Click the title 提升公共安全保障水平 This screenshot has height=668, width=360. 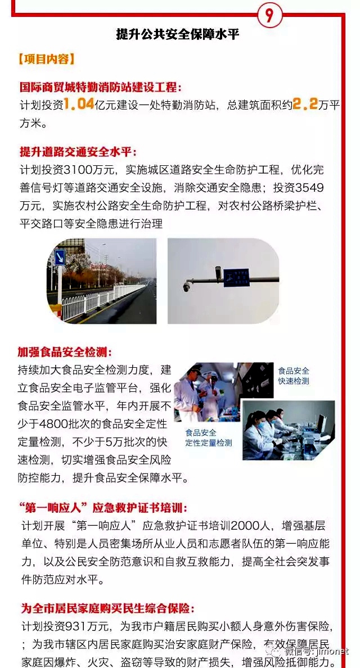pyautogui.click(x=178, y=34)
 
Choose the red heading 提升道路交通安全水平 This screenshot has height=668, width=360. pyautogui.click(x=78, y=152)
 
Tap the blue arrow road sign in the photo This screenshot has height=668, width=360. pyautogui.click(x=59, y=258)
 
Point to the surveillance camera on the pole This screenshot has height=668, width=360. pyautogui.click(x=188, y=287)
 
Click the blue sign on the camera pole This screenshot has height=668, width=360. pyautogui.click(x=236, y=277)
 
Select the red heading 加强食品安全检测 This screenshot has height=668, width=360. pyautogui.click(x=66, y=352)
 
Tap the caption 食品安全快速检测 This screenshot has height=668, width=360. pyautogui.click(x=293, y=376)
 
